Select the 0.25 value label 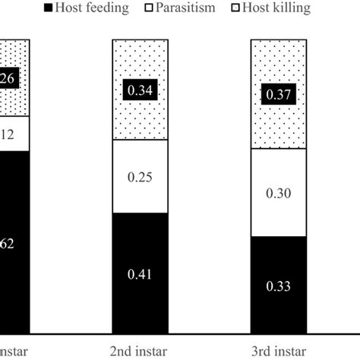click(x=138, y=177)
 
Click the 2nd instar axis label click(x=138, y=350)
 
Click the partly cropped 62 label click(x=8, y=245)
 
